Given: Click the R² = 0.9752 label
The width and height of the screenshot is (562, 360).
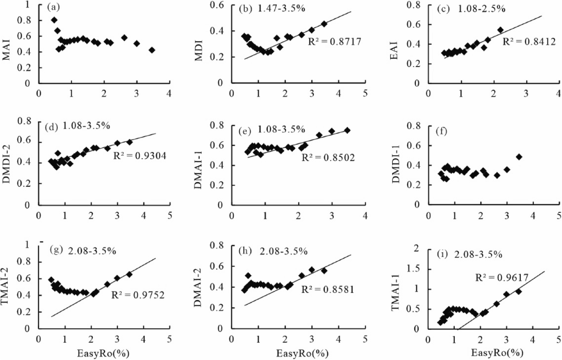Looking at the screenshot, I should (138, 295).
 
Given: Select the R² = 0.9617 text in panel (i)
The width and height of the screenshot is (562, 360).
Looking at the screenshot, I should (502, 277).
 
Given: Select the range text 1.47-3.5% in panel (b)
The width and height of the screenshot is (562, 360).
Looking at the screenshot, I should (281, 9).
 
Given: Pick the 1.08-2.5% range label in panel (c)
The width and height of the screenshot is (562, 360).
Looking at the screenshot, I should (481, 9).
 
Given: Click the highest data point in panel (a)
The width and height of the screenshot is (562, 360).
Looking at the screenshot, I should (54, 20).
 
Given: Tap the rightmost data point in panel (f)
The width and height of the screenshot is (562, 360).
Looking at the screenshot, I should (519, 157).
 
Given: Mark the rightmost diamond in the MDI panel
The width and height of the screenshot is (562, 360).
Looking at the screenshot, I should (324, 24).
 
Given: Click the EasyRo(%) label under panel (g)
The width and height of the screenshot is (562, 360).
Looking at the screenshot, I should (103, 353).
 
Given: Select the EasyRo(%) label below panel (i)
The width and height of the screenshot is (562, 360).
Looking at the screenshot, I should (497, 352).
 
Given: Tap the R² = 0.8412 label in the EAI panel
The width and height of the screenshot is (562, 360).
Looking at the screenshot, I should (529, 41).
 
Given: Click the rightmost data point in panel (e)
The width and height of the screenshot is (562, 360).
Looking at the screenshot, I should (347, 130).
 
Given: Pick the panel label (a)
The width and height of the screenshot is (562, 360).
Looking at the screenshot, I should (53, 7).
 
